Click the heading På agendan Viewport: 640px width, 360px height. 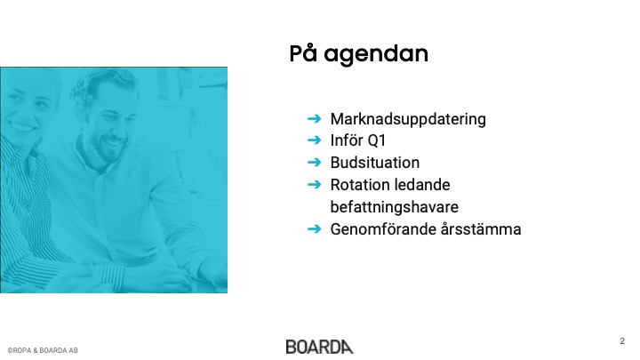(x=359, y=54)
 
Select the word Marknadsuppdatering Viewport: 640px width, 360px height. (x=408, y=119)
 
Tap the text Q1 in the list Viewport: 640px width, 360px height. (x=377, y=140)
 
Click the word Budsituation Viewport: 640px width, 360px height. (x=375, y=163)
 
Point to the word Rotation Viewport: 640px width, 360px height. (x=356, y=185)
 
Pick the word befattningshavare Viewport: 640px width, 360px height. (x=395, y=207)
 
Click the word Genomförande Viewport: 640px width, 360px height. (x=383, y=229)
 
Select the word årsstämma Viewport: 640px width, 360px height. (x=481, y=229)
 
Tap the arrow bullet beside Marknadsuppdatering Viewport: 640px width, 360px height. (x=315, y=119)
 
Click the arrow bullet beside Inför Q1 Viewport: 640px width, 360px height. (x=315, y=140)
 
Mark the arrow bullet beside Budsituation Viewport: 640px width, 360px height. (x=315, y=163)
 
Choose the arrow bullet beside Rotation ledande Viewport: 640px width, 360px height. (x=315, y=185)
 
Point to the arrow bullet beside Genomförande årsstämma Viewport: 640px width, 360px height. (x=315, y=228)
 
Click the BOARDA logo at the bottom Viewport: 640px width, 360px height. (x=320, y=347)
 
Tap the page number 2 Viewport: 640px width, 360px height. (x=622, y=340)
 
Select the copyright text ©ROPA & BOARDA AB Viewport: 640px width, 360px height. (x=43, y=350)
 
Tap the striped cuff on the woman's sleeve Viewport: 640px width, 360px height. (x=109, y=276)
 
